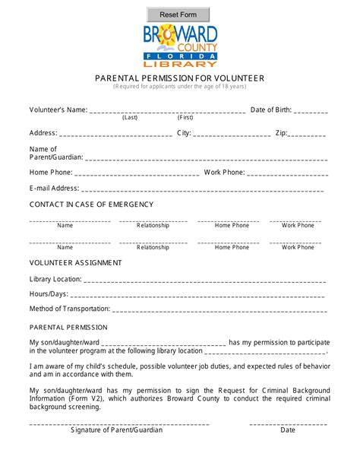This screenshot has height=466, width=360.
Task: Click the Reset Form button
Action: click(178, 14)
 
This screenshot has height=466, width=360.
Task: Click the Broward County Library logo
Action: click(180, 46)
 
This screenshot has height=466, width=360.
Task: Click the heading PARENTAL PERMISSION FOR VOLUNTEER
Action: click(180, 78)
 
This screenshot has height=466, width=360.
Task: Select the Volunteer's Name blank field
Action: click(167, 111)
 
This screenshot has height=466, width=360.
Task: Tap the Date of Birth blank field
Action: click(311, 111)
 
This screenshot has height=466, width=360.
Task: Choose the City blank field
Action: click(232, 134)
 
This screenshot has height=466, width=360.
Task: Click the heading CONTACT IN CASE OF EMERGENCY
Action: click(86, 205)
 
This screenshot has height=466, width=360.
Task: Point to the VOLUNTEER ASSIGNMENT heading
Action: click(75, 263)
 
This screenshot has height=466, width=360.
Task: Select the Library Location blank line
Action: click(205, 280)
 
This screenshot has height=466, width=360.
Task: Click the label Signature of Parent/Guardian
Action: click(116, 430)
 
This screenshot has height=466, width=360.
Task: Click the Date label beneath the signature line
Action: click(288, 430)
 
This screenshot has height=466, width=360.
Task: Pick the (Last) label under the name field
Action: click(130, 118)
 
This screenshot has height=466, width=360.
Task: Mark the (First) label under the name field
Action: click(185, 118)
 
